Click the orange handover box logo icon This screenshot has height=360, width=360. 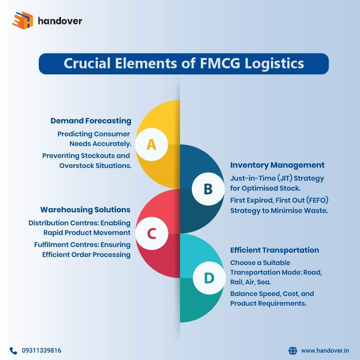(x=23, y=21)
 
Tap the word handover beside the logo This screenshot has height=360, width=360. (x=60, y=21)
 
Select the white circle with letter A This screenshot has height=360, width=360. (x=151, y=145)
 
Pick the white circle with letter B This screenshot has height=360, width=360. (x=208, y=189)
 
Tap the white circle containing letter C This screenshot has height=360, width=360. (x=151, y=234)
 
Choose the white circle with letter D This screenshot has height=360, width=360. (x=209, y=278)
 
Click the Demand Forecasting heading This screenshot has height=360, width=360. (x=91, y=121)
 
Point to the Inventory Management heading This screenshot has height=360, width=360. (x=277, y=165)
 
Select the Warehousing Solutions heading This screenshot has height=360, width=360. (x=85, y=210)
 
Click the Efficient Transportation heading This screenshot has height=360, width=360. (x=274, y=250)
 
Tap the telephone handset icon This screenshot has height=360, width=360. (x=13, y=351)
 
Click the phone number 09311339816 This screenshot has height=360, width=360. (x=42, y=351)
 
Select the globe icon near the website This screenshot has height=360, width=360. (x=293, y=351)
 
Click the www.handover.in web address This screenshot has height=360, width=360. (x=325, y=351)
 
